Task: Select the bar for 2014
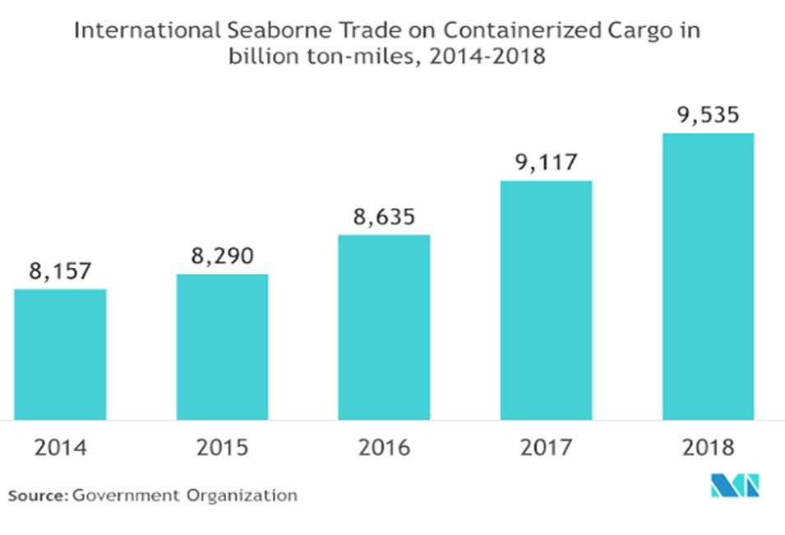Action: click(60, 354)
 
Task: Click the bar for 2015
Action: click(222, 347)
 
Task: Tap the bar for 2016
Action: click(384, 327)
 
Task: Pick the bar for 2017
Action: click(546, 300)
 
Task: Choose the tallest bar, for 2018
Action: click(708, 276)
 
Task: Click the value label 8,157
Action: click(60, 271)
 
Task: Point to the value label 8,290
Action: click(222, 256)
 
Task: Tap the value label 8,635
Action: click(384, 218)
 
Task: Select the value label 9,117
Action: click(546, 163)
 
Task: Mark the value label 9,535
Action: click(708, 115)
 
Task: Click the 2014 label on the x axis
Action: click(60, 449)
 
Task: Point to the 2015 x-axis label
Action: click(222, 449)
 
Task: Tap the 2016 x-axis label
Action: click(384, 449)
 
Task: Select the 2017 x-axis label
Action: click(546, 449)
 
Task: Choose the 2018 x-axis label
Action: click(708, 449)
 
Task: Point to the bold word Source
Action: click(38, 496)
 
